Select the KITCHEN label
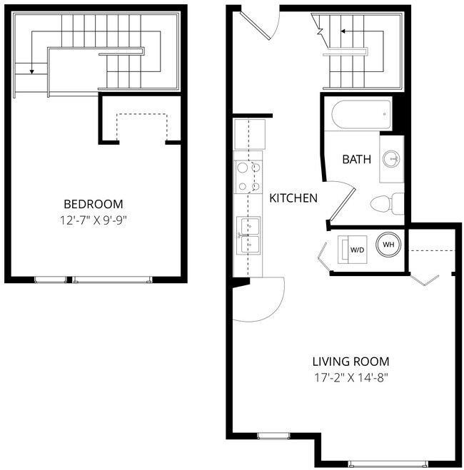point(293,198)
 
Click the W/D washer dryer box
point(356,250)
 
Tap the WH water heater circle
point(389,245)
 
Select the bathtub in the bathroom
point(360,113)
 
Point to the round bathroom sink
point(390,158)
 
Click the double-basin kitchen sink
point(249,235)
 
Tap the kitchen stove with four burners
point(249,178)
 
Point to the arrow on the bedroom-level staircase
point(32,69)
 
